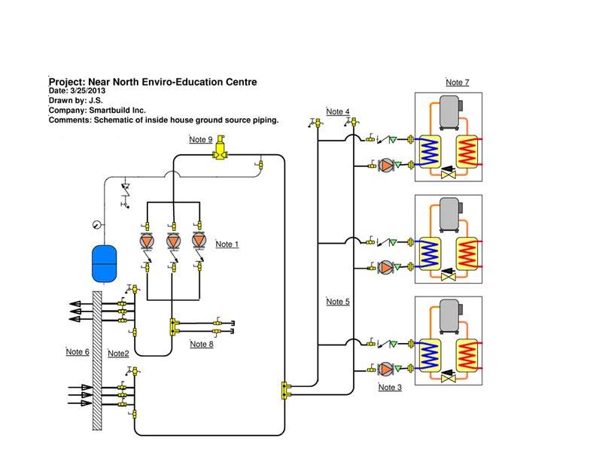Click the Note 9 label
click(201, 139)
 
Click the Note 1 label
click(227, 245)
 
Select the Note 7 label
click(458, 82)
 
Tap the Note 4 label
click(338, 112)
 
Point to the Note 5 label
click(338, 302)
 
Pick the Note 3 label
click(390, 387)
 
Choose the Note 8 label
click(202, 345)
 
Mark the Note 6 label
click(78, 352)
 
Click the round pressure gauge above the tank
click(97, 223)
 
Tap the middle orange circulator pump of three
click(172, 241)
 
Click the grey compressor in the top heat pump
click(450, 112)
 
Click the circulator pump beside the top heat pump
click(386, 165)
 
